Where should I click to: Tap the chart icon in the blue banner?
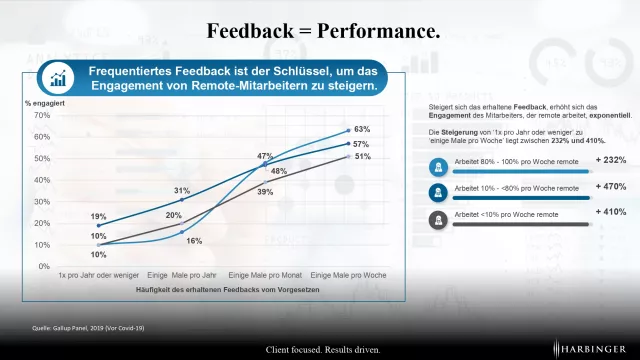(x=59, y=79)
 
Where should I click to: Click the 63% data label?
(x=362, y=129)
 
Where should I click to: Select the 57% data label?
(x=362, y=144)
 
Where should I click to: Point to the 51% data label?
(x=362, y=157)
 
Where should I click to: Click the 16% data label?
(x=194, y=241)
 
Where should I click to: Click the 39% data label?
(x=266, y=192)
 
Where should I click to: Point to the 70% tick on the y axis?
(x=42, y=115)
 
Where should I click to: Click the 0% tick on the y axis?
(x=45, y=266)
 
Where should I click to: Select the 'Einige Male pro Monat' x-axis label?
(x=264, y=275)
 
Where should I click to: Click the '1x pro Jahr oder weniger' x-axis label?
(x=99, y=275)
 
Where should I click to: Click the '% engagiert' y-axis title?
(x=44, y=103)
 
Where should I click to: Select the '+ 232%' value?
(x=610, y=160)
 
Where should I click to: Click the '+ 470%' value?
(x=610, y=186)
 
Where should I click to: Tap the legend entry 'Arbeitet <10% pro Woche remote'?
(x=506, y=213)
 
